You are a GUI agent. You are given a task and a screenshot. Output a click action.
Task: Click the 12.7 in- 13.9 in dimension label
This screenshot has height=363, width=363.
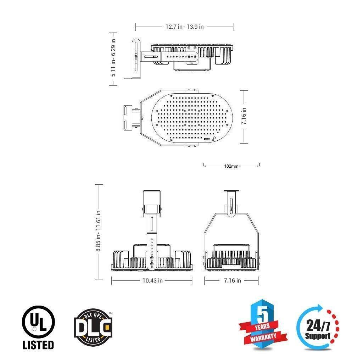click(x=184, y=27)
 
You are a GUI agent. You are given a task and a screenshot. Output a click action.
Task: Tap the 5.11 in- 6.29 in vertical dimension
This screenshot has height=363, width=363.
click(x=113, y=59)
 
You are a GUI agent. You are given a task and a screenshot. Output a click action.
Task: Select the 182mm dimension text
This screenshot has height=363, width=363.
click(x=231, y=166)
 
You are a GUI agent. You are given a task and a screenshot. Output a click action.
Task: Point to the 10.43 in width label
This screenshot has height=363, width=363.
click(x=152, y=280)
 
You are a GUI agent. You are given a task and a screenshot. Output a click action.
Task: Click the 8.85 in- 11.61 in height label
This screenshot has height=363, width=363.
click(x=99, y=231)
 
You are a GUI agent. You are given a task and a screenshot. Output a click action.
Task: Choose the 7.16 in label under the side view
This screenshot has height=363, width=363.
click(x=232, y=280)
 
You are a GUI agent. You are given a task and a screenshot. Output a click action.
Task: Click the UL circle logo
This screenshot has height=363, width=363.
click(x=38, y=322)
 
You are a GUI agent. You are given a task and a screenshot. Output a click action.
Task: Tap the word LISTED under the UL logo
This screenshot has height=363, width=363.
click(x=38, y=344)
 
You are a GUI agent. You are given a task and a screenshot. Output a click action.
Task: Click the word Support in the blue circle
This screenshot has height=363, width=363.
click(x=318, y=336)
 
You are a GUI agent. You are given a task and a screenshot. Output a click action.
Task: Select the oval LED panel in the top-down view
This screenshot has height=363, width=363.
click(x=192, y=117)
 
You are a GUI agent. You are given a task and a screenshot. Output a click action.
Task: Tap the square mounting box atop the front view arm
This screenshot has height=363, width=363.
click(x=152, y=198)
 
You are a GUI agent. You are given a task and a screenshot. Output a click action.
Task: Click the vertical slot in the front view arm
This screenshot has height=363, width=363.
click(x=152, y=225)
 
